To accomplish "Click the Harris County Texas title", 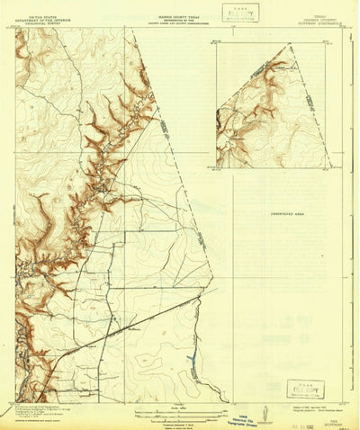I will (181, 8).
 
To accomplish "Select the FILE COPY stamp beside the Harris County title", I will (237, 13).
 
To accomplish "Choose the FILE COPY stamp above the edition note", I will (303, 389).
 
